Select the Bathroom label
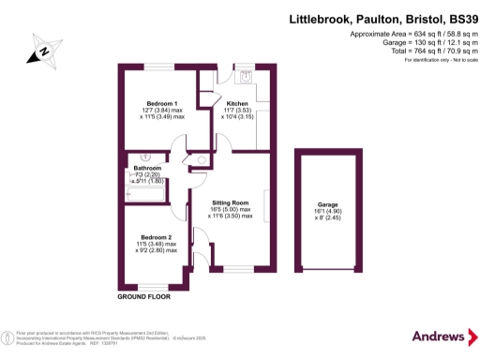[148, 169]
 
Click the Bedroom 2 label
[156, 237]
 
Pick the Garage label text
[326, 203]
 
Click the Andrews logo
[439, 337]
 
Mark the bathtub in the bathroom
[145, 195]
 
